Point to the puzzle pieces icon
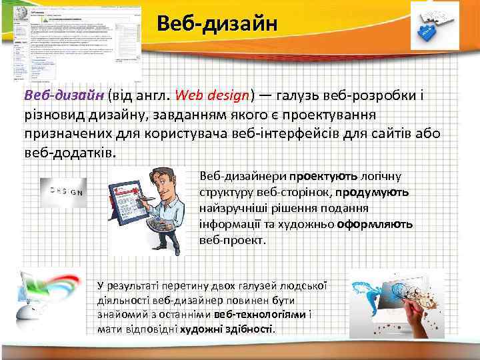click(x=435, y=26)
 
